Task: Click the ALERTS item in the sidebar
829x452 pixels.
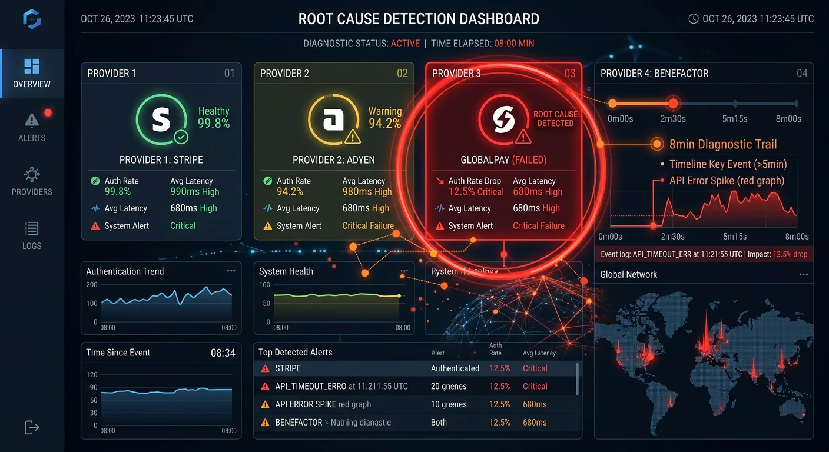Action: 32,127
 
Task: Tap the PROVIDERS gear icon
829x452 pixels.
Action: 32,175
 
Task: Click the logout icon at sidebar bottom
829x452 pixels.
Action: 32,427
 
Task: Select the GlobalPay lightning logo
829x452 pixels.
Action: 504,119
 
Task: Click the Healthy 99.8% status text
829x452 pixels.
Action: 214,118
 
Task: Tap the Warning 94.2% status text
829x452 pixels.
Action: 384,118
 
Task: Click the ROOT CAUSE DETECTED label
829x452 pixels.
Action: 555,118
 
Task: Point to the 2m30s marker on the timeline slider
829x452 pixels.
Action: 673,104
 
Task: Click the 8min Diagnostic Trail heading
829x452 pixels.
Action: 723,144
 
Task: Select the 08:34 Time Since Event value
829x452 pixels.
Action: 223,353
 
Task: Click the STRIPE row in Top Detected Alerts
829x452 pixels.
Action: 412,368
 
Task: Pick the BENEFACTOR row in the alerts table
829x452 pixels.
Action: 412,422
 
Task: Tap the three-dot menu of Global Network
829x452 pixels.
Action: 804,275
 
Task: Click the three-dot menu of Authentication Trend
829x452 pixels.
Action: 231,271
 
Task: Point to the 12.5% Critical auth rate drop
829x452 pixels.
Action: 476,192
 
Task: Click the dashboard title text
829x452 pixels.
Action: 419,19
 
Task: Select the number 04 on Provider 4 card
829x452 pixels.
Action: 802,74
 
